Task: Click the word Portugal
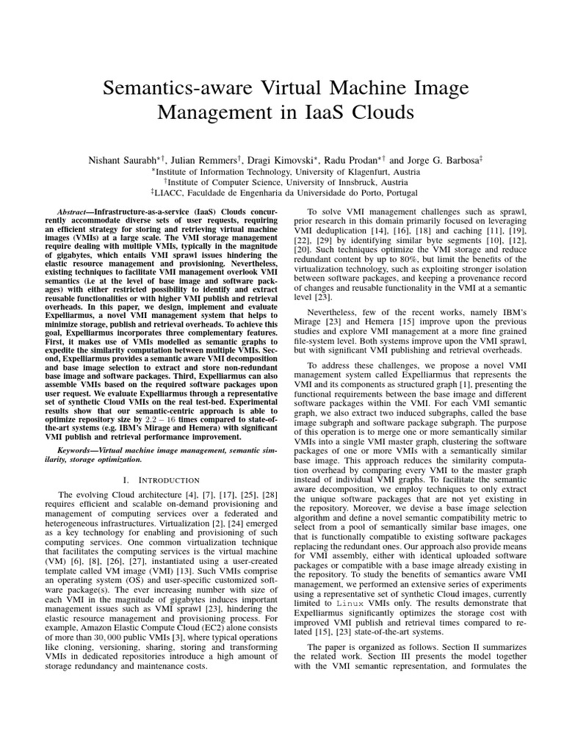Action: pos(397,193)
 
